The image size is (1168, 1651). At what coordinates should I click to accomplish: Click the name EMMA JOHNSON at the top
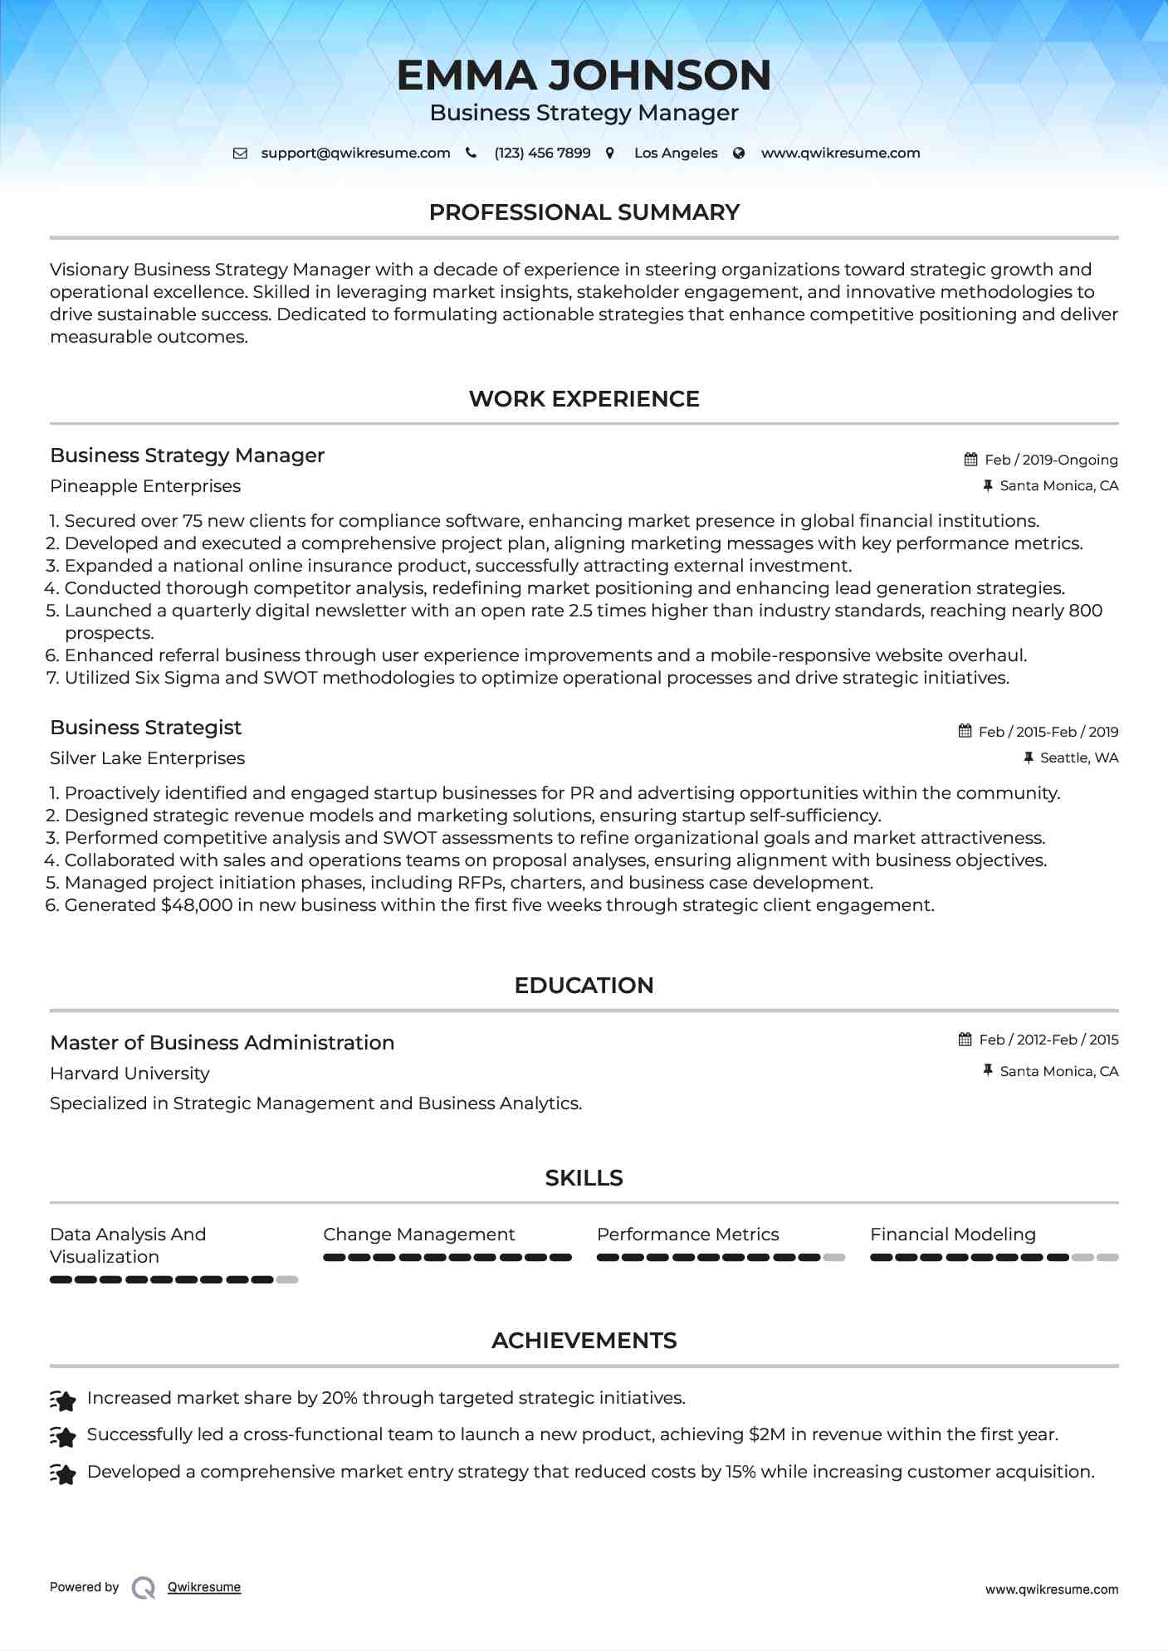(x=584, y=75)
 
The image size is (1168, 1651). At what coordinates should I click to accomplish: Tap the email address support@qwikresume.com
(x=355, y=153)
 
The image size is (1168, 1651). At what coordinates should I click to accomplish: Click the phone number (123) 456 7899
(x=542, y=153)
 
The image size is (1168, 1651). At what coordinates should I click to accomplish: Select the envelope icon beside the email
(x=240, y=153)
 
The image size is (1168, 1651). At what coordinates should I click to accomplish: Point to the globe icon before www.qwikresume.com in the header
(x=739, y=153)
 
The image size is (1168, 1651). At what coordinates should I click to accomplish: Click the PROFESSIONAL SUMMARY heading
(x=584, y=212)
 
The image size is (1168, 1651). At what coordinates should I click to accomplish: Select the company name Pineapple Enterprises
(x=145, y=486)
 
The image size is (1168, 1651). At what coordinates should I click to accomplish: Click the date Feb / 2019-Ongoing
(x=1051, y=460)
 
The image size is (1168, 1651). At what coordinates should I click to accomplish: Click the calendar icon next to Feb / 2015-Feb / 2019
(x=965, y=731)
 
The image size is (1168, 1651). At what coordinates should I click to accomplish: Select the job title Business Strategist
(x=145, y=728)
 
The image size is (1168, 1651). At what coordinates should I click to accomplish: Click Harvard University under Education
(x=130, y=1074)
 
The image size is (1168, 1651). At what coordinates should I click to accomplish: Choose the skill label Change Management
(x=418, y=1235)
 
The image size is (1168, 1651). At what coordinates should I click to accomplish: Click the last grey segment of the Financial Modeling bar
(x=1107, y=1258)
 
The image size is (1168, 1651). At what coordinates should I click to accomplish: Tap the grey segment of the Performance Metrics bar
(x=833, y=1258)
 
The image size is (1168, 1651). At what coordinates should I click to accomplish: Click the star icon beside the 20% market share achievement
(x=63, y=1400)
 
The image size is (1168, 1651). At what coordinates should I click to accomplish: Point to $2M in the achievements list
(x=766, y=1434)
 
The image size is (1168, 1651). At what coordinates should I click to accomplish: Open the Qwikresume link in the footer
(x=204, y=1587)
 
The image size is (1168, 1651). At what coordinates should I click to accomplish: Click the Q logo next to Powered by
(x=144, y=1588)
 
